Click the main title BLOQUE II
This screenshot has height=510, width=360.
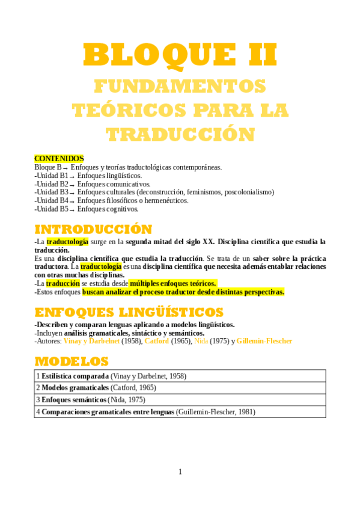pyautogui.click(x=180, y=55)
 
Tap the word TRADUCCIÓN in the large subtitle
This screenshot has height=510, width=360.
pyautogui.click(x=180, y=133)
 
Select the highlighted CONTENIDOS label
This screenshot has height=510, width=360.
pyautogui.click(x=59, y=159)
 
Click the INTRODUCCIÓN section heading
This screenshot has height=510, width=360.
pyautogui.click(x=93, y=230)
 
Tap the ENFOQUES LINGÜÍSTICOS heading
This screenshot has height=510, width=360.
pyautogui.click(x=129, y=312)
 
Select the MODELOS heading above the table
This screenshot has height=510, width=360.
pyautogui.click(x=72, y=361)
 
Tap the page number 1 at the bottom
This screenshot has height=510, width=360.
pyautogui.click(x=180, y=472)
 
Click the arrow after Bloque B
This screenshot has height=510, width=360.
pyautogui.click(x=66, y=168)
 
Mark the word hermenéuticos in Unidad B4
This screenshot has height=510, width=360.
pyautogui.click(x=164, y=201)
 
